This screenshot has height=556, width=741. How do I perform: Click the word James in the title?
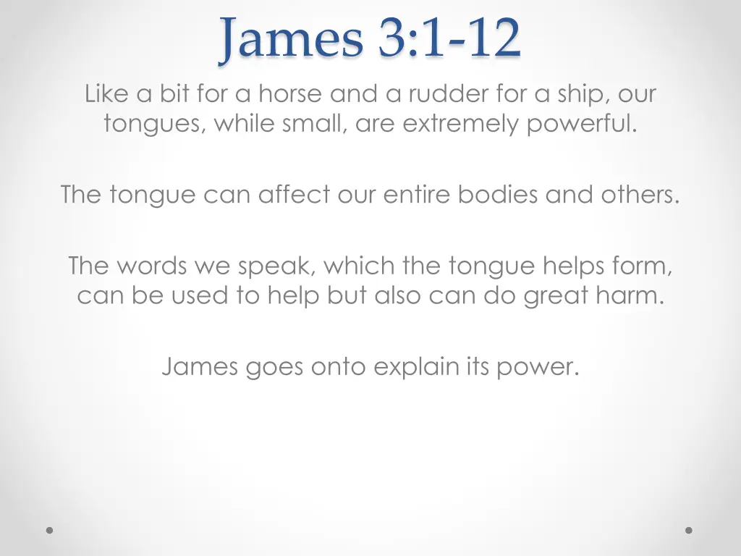click(x=292, y=41)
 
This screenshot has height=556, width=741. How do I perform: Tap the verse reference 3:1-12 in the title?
click(x=449, y=41)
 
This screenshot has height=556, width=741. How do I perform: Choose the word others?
click(x=640, y=195)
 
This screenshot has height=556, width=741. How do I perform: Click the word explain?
click(x=415, y=368)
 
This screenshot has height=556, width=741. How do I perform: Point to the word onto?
click(x=339, y=368)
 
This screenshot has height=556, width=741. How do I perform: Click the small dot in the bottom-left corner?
click(x=50, y=530)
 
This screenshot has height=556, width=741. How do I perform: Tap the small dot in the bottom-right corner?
click(x=689, y=530)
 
